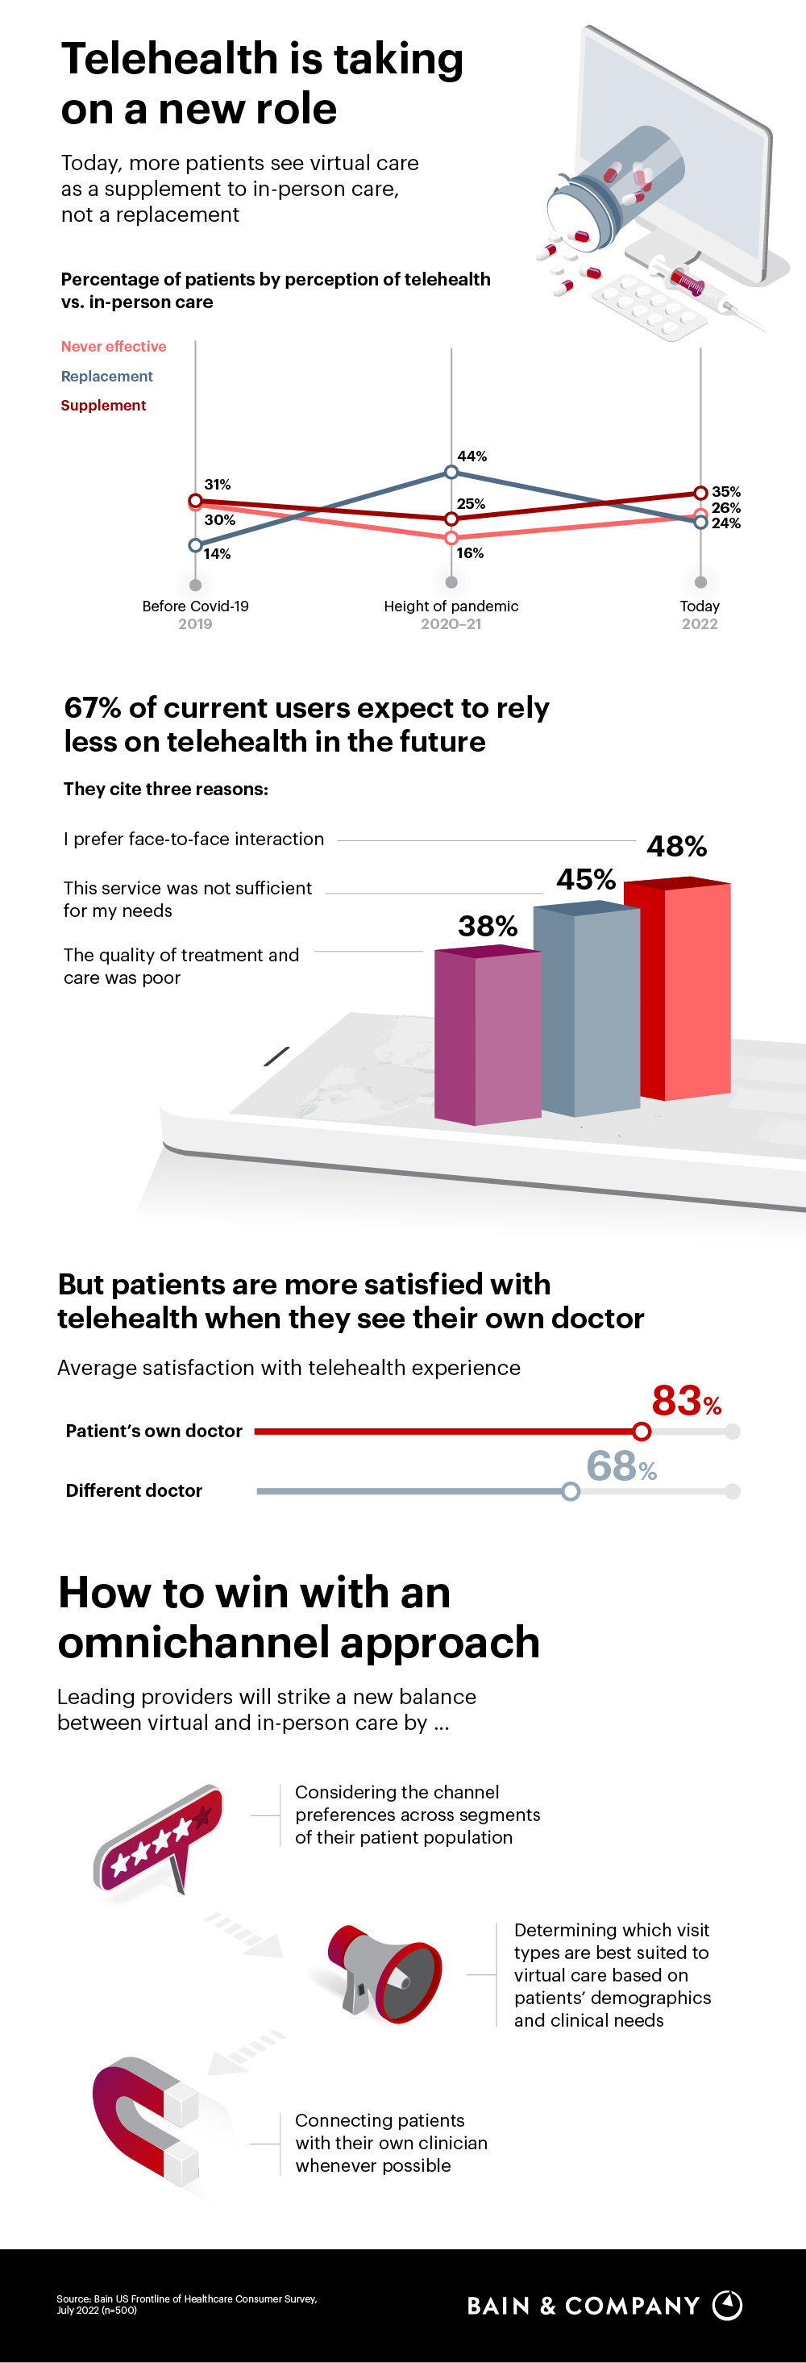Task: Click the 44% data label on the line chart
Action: pyautogui.click(x=472, y=456)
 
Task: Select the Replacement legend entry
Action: pyautogui.click(x=106, y=376)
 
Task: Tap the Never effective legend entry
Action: pyautogui.click(x=114, y=347)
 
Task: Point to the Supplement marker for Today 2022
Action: pyautogui.click(x=700, y=493)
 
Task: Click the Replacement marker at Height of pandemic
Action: pyautogui.click(x=451, y=472)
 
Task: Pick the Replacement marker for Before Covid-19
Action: pyautogui.click(x=195, y=545)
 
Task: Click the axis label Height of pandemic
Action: pyautogui.click(x=451, y=606)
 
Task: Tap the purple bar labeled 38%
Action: pyautogui.click(x=487, y=1036)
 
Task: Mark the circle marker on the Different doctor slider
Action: pyautogui.click(x=571, y=1491)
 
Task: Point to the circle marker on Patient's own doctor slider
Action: pyautogui.click(x=642, y=1431)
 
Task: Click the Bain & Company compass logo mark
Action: pyautogui.click(x=727, y=2305)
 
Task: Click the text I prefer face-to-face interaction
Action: pyautogui.click(x=193, y=840)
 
